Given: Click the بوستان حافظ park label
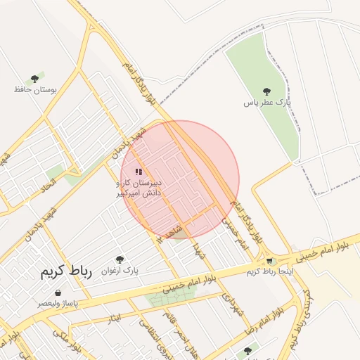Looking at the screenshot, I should click(x=34, y=90).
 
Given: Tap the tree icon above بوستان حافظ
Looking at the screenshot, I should click(x=34, y=79).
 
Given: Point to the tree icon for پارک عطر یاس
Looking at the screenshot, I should click(x=266, y=91).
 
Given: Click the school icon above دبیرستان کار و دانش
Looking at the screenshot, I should click(x=139, y=172).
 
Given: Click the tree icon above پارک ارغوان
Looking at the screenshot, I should click(x=120, y=259).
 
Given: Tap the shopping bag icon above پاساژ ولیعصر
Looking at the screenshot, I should click(x=57, y=293).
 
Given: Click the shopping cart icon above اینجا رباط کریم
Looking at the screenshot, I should click(x=269, y=261).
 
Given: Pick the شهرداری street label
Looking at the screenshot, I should click(x=232, y=302).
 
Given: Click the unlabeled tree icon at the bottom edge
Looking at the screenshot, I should click(x=247, y=350).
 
